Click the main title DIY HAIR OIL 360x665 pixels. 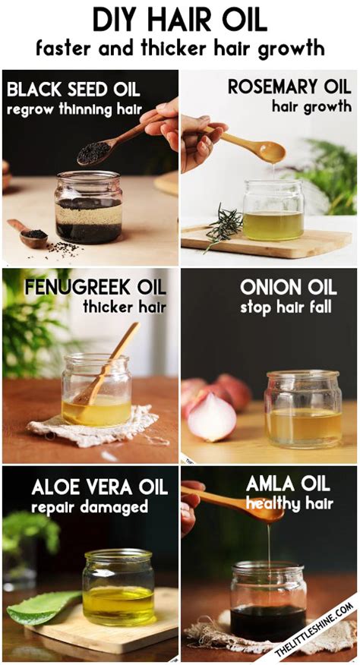pyautogui.click(x=180, y=18)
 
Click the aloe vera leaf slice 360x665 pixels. pyautogui.click(x=42, y=607)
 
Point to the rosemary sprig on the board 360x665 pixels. pyautogui.click(x=223, y=226)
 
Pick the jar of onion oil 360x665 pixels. pyautogui.click(x=302, y=409)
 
